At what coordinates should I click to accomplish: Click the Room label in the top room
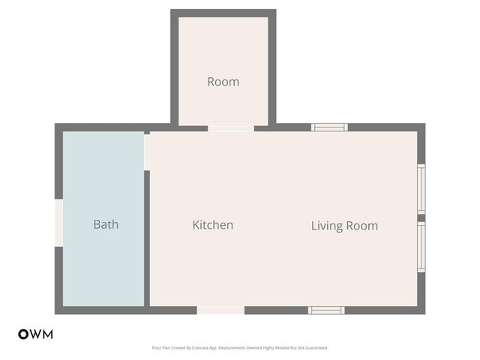click(223, 82)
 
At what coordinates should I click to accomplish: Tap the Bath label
click(106, 224)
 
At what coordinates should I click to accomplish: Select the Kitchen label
click(213, 225)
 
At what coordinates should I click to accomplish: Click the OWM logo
click(35, 334)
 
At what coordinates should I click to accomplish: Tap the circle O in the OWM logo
click(23, 334)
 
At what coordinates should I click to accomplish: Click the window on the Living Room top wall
click(329, 127)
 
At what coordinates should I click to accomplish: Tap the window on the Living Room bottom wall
click(326, 310)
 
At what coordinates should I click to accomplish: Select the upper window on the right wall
click(421, 188)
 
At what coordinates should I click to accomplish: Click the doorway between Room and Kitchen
click(231, 128)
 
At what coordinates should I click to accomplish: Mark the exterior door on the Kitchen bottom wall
click(220, 310)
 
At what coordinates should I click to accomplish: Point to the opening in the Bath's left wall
click(58, 222)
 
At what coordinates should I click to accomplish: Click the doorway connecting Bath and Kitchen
click(147, 151)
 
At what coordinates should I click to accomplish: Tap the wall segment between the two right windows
click(421, 218)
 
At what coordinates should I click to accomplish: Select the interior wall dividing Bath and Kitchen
click(147, 240)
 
